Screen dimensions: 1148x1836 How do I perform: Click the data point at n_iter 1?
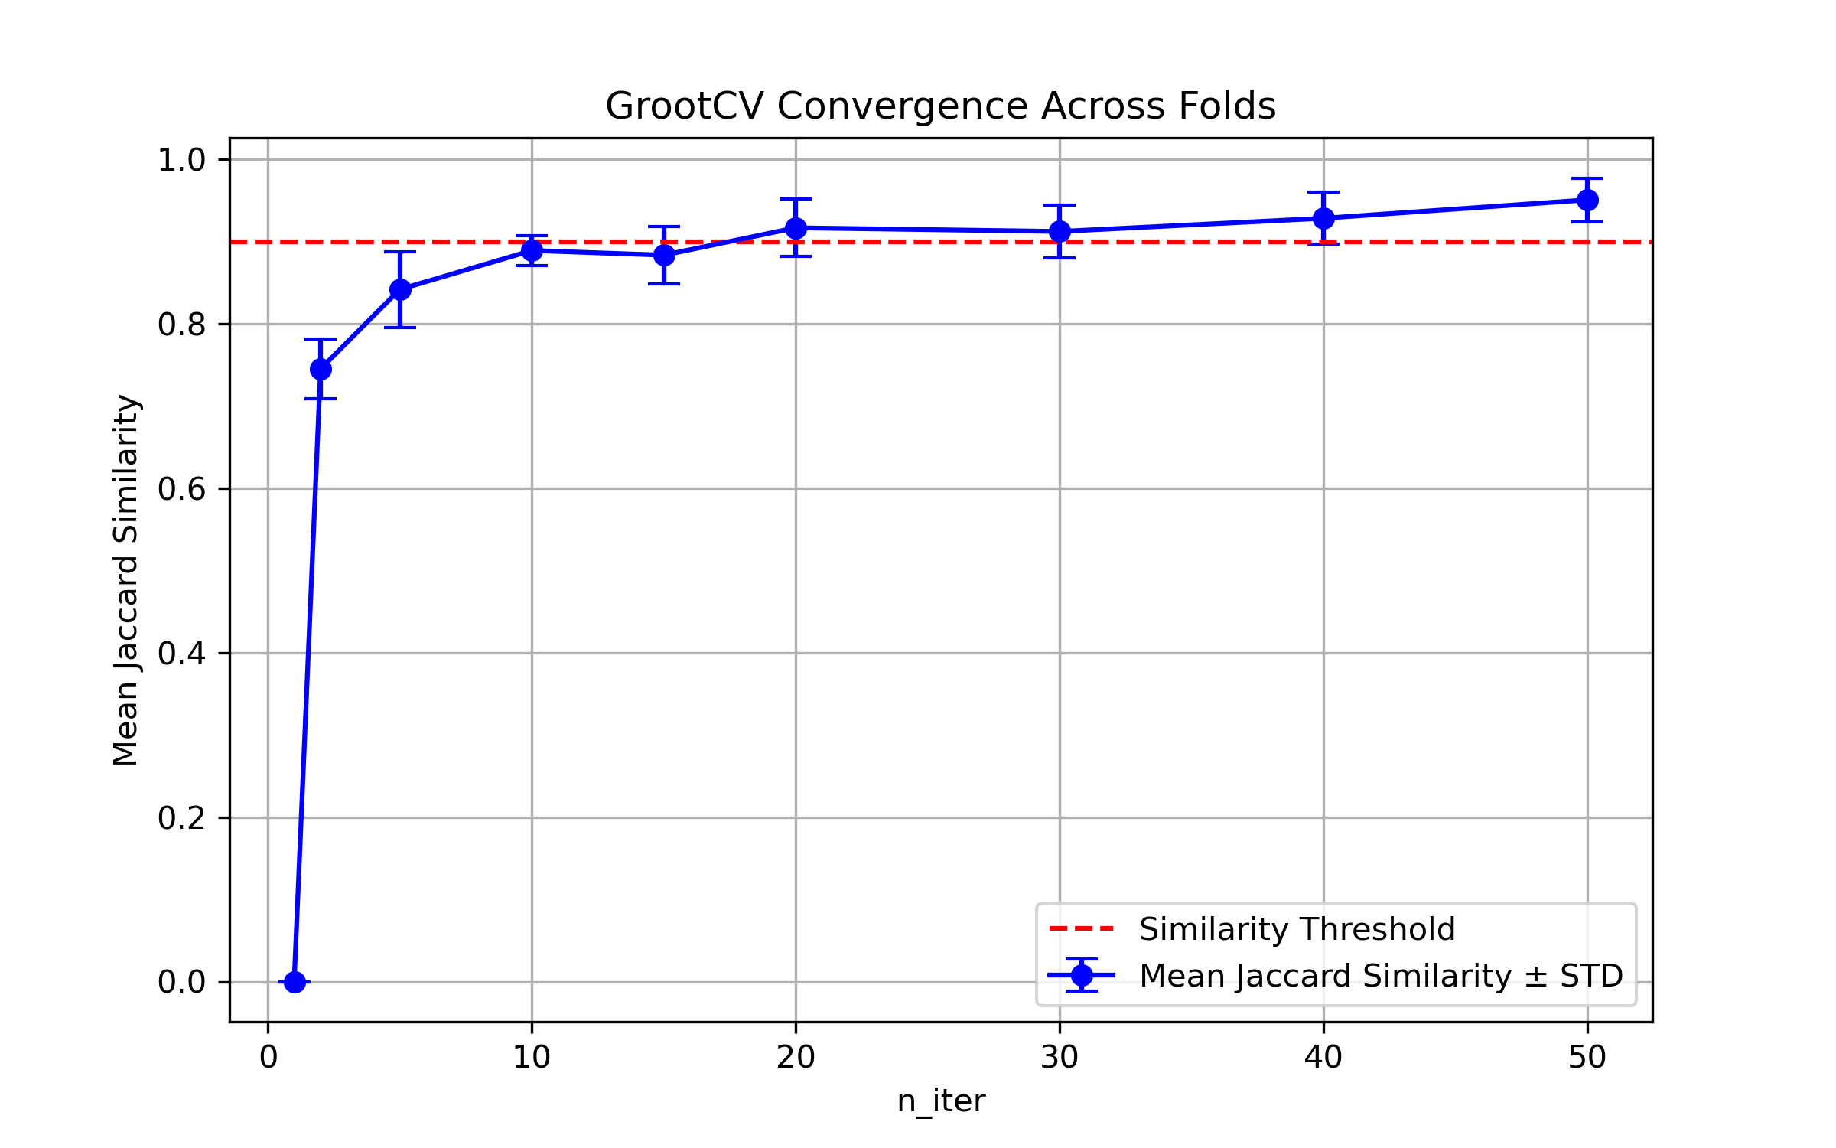pos(295,982)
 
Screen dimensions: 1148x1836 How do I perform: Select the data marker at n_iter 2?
pos(321,370)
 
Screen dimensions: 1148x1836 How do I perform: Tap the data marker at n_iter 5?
pos(400,289)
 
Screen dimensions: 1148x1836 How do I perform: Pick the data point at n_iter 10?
pos(532,250)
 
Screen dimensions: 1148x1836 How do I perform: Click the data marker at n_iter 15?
pos(664,255)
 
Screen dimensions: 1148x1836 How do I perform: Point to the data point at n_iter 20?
pos(796,228)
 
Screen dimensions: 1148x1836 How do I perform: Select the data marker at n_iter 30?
pos(1060,231)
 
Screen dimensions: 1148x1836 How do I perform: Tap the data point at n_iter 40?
pos(1323,218)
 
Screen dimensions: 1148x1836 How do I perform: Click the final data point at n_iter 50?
pos(1587,200)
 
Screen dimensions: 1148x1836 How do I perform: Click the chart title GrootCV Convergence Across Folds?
pos(940,106)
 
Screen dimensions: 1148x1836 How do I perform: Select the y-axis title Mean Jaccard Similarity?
pos(126,579)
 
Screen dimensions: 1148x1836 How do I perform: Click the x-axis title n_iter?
pos(941,1101)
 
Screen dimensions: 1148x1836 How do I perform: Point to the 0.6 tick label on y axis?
pos(181,489)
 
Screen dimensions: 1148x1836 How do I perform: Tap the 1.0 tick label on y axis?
pos(181,160)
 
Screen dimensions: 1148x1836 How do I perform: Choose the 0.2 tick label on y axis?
pos(181,818)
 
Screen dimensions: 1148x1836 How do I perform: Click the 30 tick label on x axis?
pos(1060,1058)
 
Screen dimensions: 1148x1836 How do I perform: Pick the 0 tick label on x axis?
pos(268,1058)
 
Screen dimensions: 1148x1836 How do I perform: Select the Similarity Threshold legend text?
pos(1297,929)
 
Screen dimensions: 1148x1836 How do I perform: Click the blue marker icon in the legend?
pos(1082,975)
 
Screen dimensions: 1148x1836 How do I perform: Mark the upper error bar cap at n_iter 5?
pos(400,252)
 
